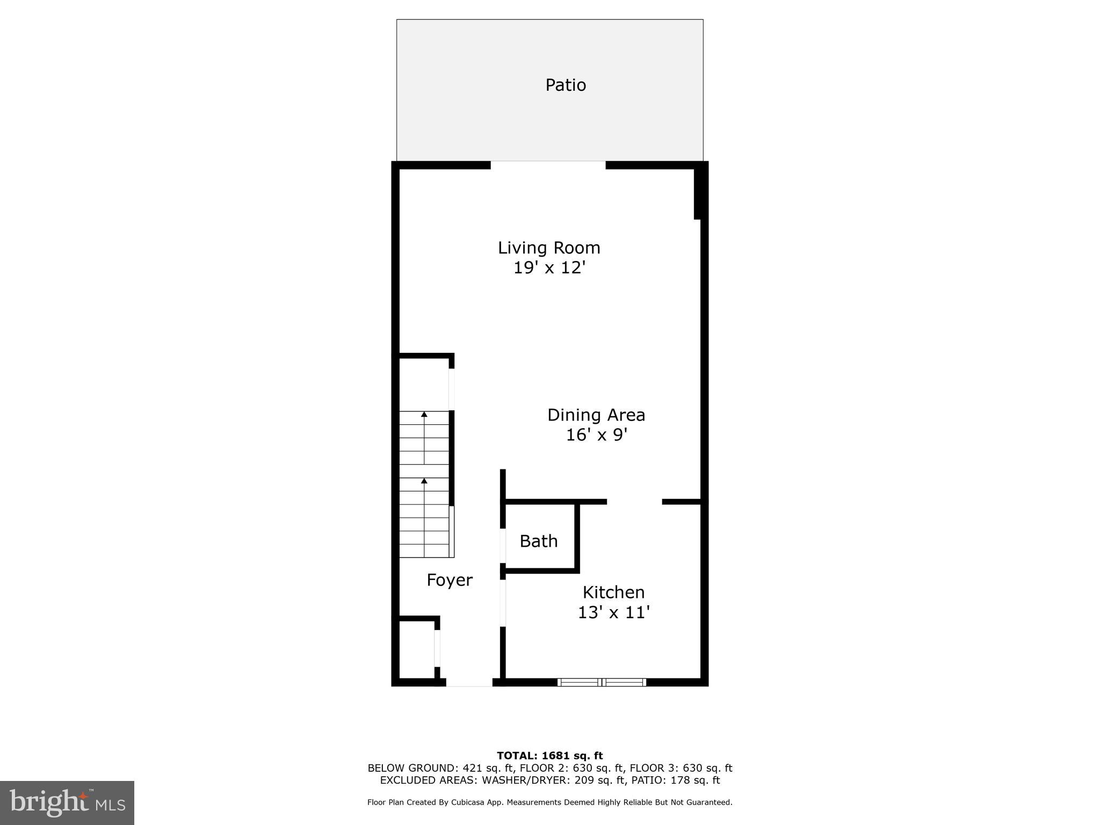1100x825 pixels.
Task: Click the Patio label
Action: coord(566,85)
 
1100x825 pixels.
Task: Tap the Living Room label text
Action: coord(549,248)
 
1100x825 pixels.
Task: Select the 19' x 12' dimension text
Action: coord(549,267)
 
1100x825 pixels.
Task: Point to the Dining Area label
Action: coord(596,415)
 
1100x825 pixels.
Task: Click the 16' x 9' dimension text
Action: coord(596,435)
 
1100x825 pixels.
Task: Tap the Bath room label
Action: coord(539,541)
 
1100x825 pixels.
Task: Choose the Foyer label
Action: coord(450,580)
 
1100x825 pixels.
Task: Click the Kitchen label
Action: coord(613,592)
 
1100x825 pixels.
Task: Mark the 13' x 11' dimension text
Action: coord(613,612)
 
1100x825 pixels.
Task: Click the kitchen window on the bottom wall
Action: coord(602,682)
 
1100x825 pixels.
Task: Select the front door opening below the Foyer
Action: coord(469,683)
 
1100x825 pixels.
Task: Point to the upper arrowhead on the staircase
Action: coord(424,414)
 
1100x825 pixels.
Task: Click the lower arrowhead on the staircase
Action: coord(424,481)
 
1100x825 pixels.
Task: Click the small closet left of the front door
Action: coord(417,650)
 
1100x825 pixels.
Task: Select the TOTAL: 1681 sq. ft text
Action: coord(549,756)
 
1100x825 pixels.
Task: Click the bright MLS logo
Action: coord(67,802)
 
